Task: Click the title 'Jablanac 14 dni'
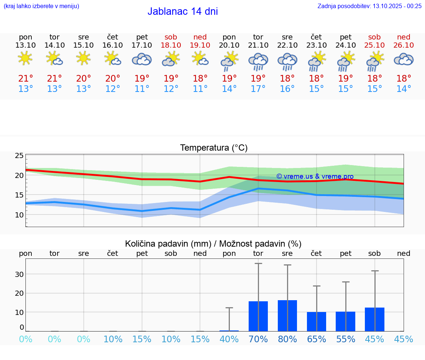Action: click(x=183, y=11)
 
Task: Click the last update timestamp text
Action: click(x=369, y=6)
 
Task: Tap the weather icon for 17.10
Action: click(x=142, y=59)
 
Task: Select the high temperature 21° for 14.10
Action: click(x=55, y=79)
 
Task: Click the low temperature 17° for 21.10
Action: click(x=258, y=89)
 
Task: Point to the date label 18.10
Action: click(x=171, y=45)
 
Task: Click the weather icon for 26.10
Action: click(x=404, y=59)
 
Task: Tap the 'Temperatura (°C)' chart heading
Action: click(x=214, y=148)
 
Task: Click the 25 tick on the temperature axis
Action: click(x=19, y=156)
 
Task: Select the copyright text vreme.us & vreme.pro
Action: click(x=315, y=176)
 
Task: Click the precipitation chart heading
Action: click(x=213, y=244)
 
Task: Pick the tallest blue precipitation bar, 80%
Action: click(x=287, y=316)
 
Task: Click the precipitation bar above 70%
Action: click(x=258, y=316)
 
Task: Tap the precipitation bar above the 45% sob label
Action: click(x=374, y=319)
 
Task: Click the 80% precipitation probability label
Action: click(x=287, y=339)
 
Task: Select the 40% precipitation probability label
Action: click(x=229, y=339)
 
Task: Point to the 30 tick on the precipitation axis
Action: click(x=19, y=274)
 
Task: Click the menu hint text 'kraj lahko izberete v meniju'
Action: click(x=41, y=6)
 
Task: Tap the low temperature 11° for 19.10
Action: click(x=200, y=89)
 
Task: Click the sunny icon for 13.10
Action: click(x=25, y=58)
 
